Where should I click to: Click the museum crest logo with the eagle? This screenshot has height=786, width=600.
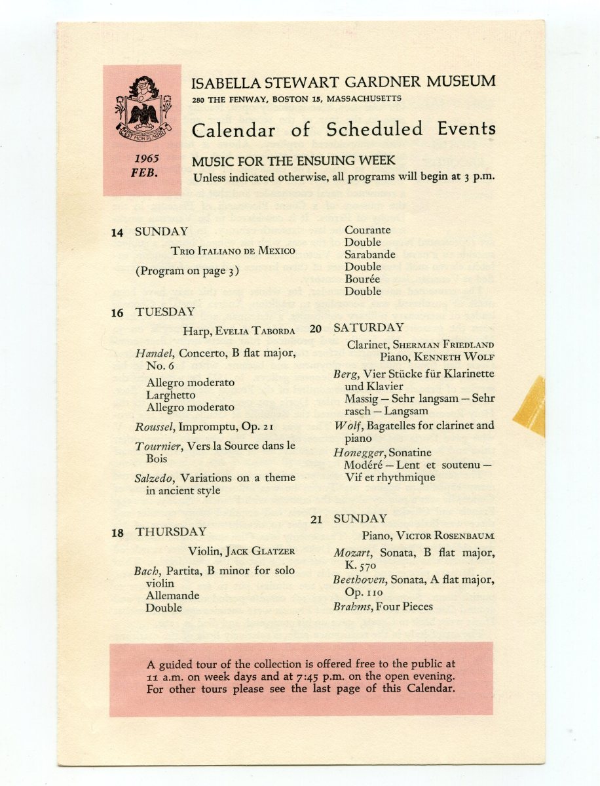pyautogui.click(x=142, y=106)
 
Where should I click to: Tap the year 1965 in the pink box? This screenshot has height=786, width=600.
pyautogui.click(x=147, y=159)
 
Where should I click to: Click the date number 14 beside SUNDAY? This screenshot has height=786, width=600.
pyautogui.click(x=117, y=232)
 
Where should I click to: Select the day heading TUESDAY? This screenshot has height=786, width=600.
pyautogui.click(x=165, y=312)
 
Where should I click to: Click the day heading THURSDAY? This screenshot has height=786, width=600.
pyautogui.click(x=171, y=532)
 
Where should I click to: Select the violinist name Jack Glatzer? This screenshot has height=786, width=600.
pyautogui.click(x=261, y=551)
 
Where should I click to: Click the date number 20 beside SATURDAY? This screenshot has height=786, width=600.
pyautogui.click(x=316, y=328)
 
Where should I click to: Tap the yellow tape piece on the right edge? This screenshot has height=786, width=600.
pyautogui.click(x=531, y=406)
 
